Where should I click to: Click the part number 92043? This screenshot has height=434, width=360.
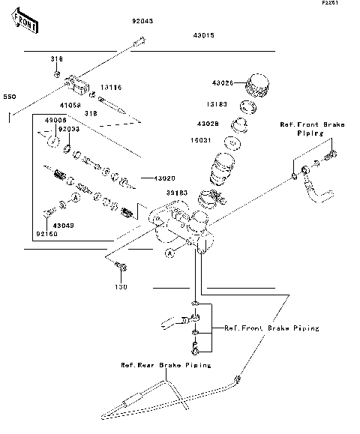click(x=142, y=22)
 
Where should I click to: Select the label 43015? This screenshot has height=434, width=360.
click(x=202, y=35)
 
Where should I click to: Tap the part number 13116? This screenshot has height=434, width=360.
click(x=111, y=88)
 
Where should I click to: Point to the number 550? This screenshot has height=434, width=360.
click(x=9, y=97)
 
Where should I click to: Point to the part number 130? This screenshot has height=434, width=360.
click(x=121, y=287)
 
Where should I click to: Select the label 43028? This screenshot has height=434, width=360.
click(x=208, y=123)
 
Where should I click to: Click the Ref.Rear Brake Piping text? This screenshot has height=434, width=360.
click(x=165, y=365)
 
